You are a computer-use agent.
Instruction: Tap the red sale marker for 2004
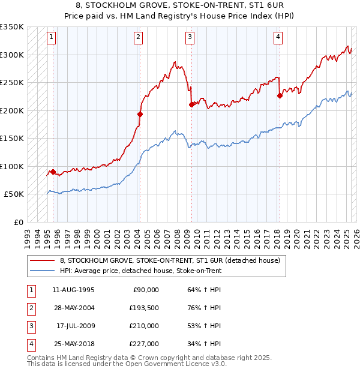coord(140,114)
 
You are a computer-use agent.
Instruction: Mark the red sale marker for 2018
coord(280,95)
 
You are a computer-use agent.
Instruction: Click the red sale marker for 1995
coord(53,172)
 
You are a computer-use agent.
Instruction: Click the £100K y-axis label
coord(13,166)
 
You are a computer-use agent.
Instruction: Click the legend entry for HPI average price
coord(141,271)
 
